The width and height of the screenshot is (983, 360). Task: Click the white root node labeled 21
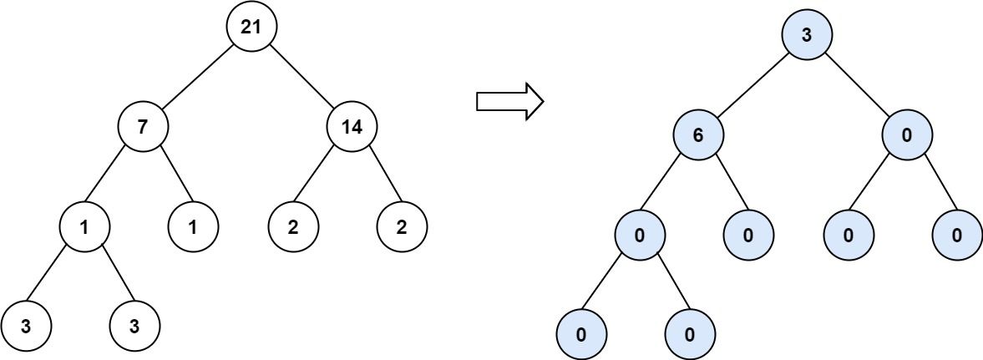(x=251, y=26)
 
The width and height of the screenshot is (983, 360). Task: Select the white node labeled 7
(x=143, y=127)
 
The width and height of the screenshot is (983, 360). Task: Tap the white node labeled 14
(x=352, y=127)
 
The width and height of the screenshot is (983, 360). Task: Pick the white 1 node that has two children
(x=84, y=226)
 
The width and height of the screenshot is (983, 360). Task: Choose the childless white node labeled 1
(x=193, y=226)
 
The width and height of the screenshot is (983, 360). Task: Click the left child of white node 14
(x=293, y=226)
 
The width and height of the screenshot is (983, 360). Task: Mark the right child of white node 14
(x=402, y=226)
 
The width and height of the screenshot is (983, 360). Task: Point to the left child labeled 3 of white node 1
(x=26, y=327)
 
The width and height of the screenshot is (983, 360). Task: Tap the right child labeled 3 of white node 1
(x=134, y=327)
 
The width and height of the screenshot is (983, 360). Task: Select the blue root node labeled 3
(x=807, y=34)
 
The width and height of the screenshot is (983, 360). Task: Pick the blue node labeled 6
(x=698, y=134)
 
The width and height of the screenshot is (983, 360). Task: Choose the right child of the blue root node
(x=907, y=134)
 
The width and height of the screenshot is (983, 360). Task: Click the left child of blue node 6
(x=640, y=235)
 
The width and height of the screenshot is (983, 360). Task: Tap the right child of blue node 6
(x=748, y=235)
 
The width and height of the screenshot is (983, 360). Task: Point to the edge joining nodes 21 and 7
(x=197, y=77)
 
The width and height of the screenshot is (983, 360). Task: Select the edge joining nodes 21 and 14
(x=301, y=77)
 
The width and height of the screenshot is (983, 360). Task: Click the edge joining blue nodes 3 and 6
(x=752, y=84)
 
